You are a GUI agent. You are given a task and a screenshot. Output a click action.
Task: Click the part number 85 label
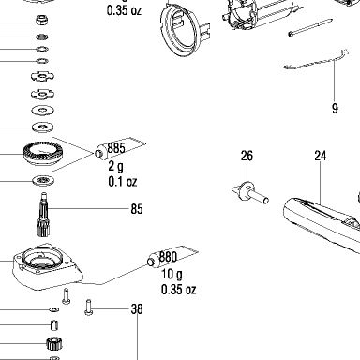[x=137, y=209]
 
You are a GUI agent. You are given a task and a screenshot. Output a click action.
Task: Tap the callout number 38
[x=137, y=309]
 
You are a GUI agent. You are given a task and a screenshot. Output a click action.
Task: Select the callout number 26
[x=247, y=156]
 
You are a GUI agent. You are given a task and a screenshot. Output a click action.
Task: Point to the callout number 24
[x=321, y=156]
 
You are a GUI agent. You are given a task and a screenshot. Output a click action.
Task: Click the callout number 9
[x=335, y=109]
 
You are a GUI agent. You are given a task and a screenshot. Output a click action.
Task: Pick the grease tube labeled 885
[x=120, y=147]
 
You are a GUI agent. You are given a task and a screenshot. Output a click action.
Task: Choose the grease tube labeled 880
[x=172, y=256]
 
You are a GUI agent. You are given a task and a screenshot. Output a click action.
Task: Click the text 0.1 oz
[x=123, y=181]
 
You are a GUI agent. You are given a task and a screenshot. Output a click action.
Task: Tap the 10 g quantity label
[x=172, y=274]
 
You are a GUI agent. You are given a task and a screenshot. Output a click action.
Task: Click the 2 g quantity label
[x=115, y=166]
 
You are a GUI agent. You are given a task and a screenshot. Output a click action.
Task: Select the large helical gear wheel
[x=43, y=154]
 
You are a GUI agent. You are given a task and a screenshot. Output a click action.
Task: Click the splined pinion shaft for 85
[x=43, y=215]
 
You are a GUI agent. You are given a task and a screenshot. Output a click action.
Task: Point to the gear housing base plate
[x=47, y=265]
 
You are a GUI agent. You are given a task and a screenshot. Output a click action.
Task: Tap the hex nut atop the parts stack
[x=42, y=20]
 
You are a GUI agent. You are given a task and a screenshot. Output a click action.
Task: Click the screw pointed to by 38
[x=89, y=307]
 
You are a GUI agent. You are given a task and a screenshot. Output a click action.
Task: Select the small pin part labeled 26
[x=250, y=192]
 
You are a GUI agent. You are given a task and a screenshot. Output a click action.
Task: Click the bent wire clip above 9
[x=316, y=61]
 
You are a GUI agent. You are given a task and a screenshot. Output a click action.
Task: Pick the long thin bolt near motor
[x=310, y=27]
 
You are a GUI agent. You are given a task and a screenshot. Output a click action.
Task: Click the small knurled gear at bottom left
[x=54, y=344]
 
